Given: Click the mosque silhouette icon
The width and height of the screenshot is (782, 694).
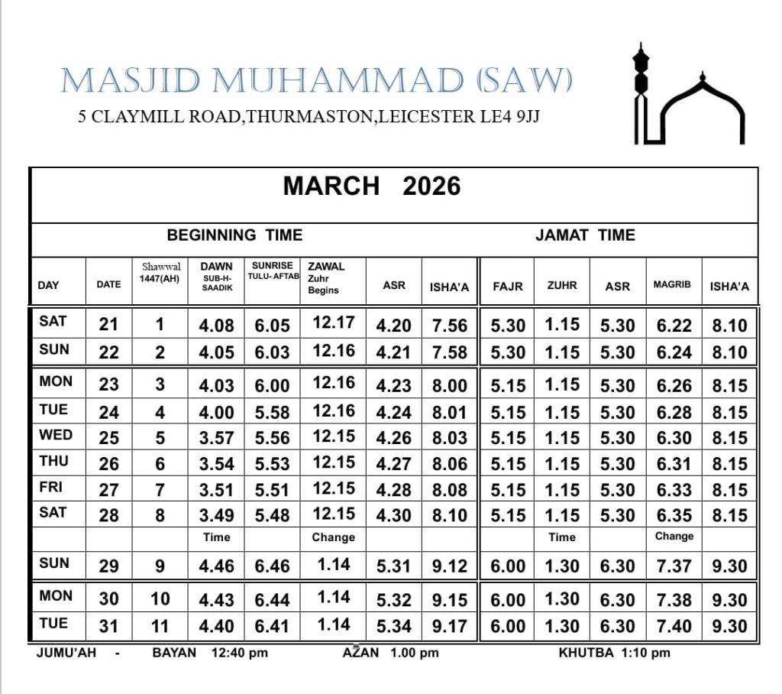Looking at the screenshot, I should pyautogui.click(x=687, y=96).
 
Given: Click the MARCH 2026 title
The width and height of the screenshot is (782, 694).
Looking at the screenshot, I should pyautogui.click(x=372, y=186).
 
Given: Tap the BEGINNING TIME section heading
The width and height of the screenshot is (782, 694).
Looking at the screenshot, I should pyautogui.click(x=234, y=235).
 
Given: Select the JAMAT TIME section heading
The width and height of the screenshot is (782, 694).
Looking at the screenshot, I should pyautogui.click(x=585, y=235).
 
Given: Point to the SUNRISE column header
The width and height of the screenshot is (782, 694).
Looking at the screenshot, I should pyautogui.click(x=273, y=271).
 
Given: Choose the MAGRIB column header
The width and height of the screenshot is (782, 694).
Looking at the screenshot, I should pyautogui.click(x=672, y=284).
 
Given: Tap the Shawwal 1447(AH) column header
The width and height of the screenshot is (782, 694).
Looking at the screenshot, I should pyautogui.click(x=160, y=273).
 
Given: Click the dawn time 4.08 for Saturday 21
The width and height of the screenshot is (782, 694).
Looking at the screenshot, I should pyautogui.click(x=216, y=326).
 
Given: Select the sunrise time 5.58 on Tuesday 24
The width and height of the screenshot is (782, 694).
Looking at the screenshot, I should pyautogui.click(x=273, y=413).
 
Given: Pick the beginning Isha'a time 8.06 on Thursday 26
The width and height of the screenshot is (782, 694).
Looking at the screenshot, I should pyautogui.click(x=449, y=464).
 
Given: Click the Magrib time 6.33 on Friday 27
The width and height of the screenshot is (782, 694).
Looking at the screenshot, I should pyautogui.click(x=674, y=490).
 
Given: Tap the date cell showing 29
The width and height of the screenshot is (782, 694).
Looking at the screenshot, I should pyautogui.click(x=109, y=566).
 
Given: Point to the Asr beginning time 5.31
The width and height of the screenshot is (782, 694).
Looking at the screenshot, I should pyautogui.click(x=393, y=566).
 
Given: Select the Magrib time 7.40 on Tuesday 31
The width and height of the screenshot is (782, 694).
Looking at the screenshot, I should pyautogui.click(x=674, y=627).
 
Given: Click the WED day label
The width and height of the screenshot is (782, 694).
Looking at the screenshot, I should pyautogui.click(x=56, y=436).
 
